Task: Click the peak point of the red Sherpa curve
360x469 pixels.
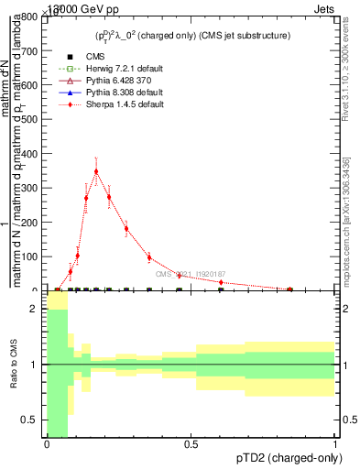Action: point(96,170)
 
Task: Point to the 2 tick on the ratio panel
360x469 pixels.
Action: point(36,309)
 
